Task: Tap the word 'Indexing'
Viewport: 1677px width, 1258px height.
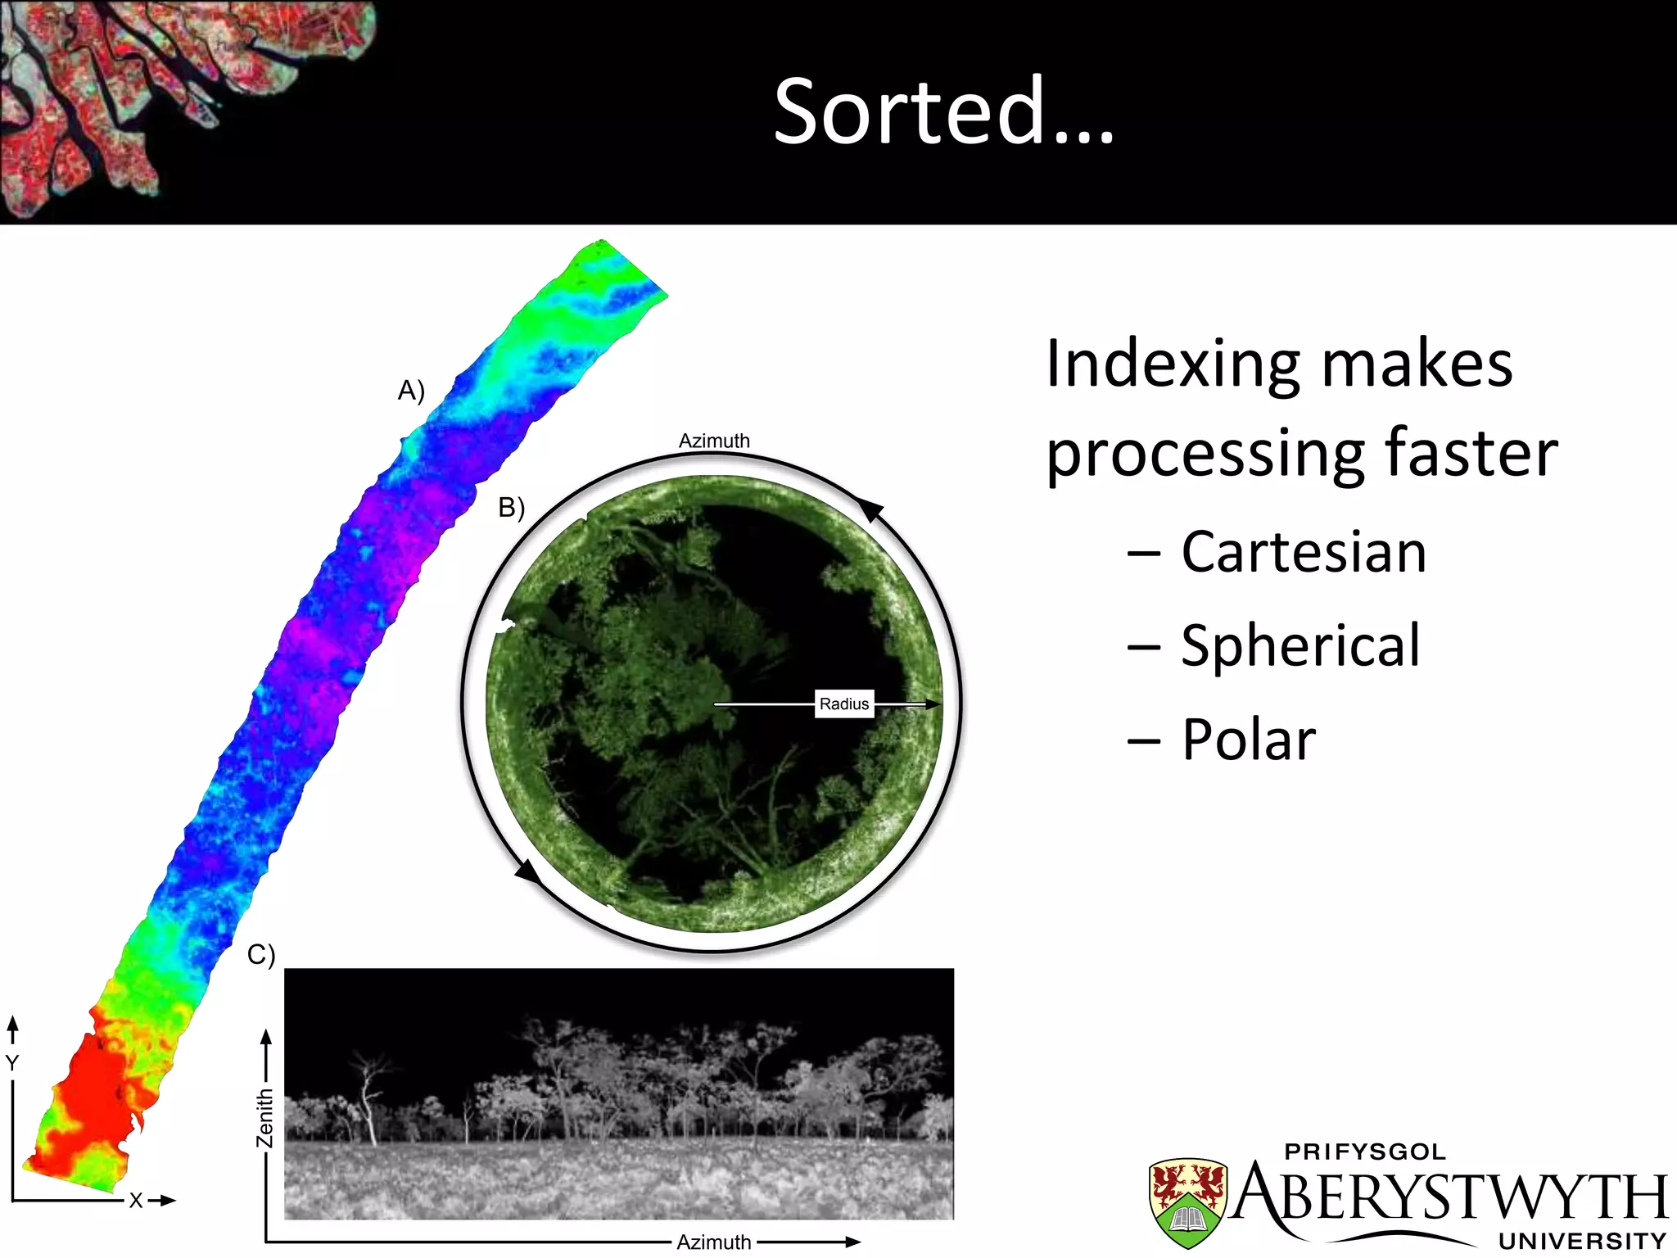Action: [x=1172, y=365]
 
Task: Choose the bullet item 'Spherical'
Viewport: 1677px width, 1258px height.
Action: [x=1300, y=646]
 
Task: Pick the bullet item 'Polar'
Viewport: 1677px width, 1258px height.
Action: [x=1249, y=740]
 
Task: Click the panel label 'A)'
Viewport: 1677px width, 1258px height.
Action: [x=411, y=391]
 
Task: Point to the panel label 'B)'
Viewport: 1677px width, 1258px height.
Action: [x=511, y=508]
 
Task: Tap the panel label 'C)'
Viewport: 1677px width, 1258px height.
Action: [x=261, y=955]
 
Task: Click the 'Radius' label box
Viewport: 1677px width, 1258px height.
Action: [x=844, y=704]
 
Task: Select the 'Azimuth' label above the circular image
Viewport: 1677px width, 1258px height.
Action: [x=714, y=441]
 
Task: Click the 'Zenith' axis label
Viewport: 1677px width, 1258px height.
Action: [x=264, y=1118]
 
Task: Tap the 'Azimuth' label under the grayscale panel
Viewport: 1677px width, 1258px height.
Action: [x=713, y=1242]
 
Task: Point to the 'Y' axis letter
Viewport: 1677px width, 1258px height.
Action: [x=12, y=1063]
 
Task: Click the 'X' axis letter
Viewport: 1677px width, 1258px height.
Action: [x=136, y=1201]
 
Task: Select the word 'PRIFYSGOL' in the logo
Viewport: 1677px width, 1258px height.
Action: [x=1365, y=1152]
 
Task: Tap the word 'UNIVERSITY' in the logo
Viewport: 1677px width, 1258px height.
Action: [x=1582, y=1242]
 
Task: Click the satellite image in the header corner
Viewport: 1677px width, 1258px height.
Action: [x=164, y=98]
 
